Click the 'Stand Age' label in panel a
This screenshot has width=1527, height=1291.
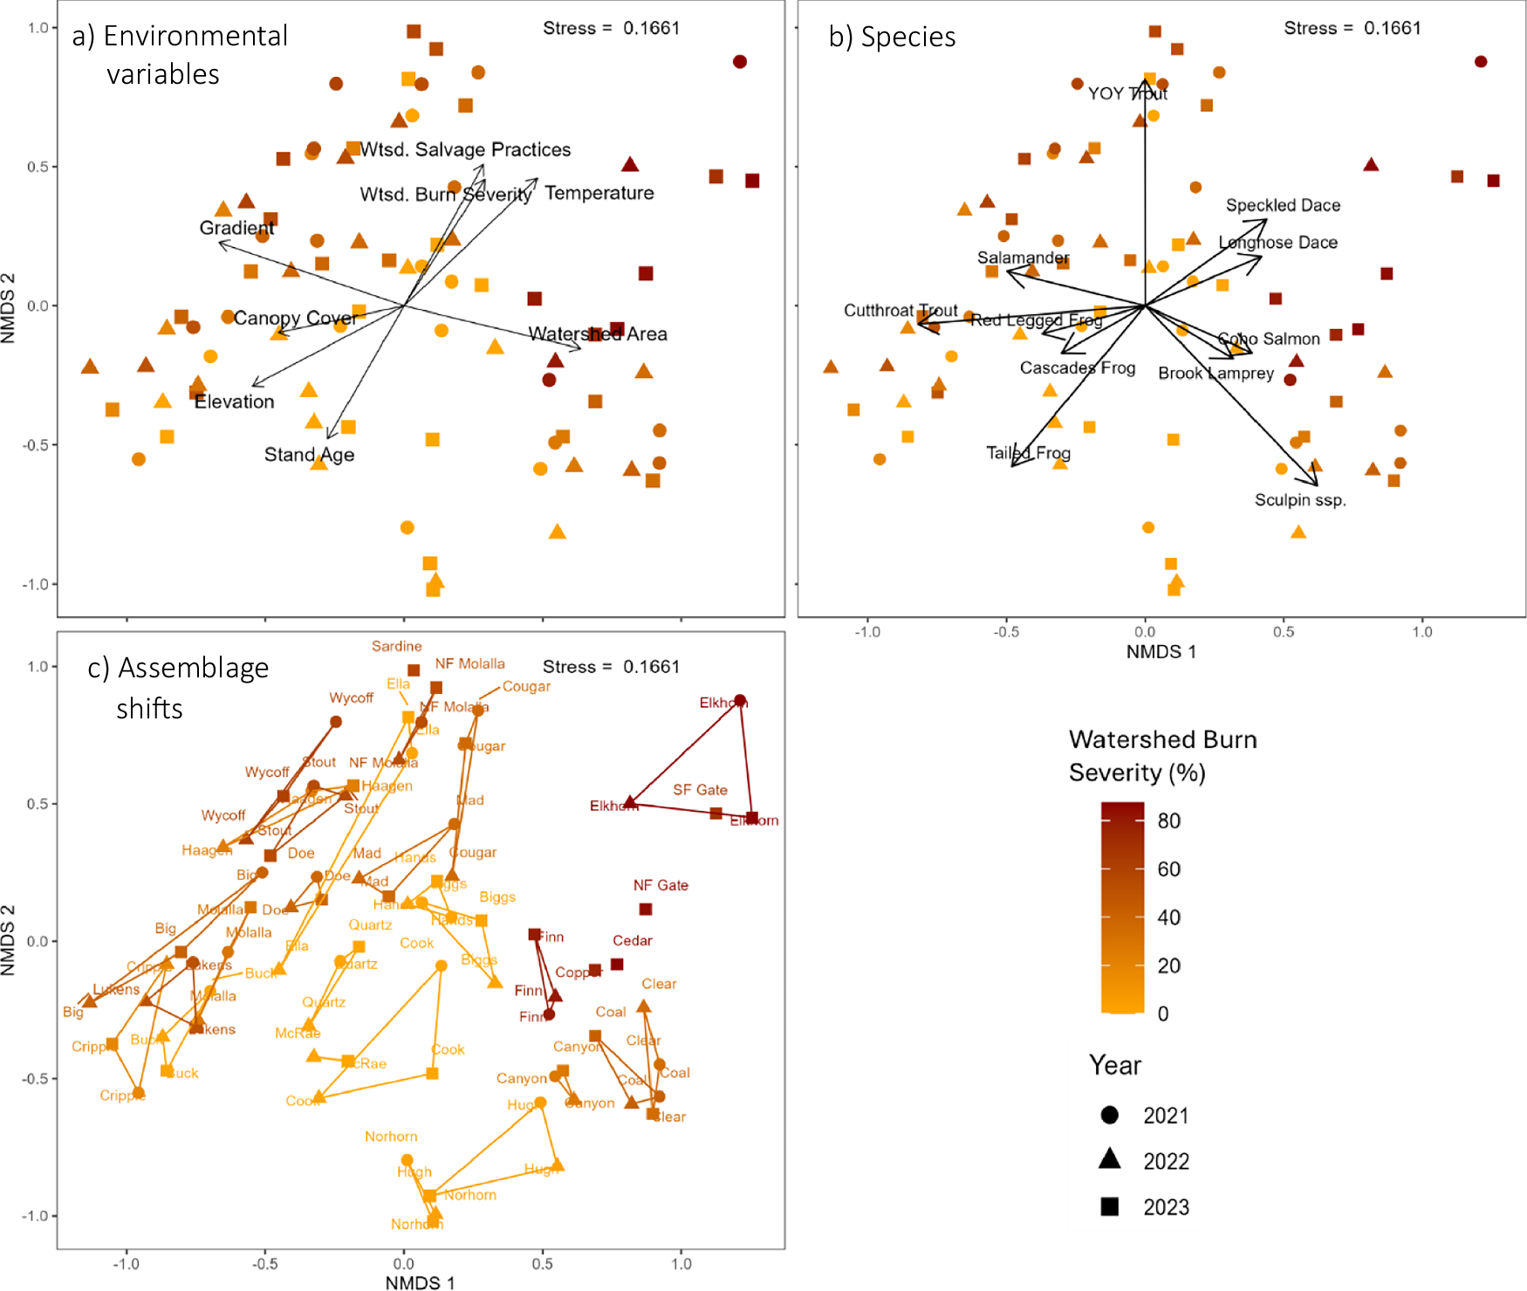tap(309, 455)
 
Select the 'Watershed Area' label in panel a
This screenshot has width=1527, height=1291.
tap(598, 334)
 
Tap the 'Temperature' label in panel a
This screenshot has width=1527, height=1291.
tap(599, 193)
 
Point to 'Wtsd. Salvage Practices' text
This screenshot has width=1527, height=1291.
tap(465, 149)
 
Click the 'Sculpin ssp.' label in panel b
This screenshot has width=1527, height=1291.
tap(1300, 500)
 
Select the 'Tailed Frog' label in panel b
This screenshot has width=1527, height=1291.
tap(1028, 453)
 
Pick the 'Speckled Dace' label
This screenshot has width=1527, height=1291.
tap(1283, 205)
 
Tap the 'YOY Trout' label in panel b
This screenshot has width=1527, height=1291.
tap(1127, 93)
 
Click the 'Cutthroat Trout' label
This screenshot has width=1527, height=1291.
tap(900, 311)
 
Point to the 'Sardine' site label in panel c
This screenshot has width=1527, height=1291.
tap(397, 646)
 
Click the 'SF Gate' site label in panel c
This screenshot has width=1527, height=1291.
tap(700, 790)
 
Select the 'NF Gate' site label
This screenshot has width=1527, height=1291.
tap(661, 885)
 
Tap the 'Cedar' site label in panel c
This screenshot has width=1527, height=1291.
tap(633, 940)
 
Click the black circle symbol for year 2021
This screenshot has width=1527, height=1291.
tap(1110, 1115)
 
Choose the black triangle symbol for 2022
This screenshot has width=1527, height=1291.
tap(1110, 1159)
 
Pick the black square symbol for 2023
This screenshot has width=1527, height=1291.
tap(1110, 1206)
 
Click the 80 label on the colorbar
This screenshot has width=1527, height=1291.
tap(1168, 821)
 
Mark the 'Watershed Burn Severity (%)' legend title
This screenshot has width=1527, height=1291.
tap(1162, 756)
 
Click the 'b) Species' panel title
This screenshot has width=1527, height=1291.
tap(892, 37)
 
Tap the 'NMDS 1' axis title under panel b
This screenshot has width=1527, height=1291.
tap(1161, 652)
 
